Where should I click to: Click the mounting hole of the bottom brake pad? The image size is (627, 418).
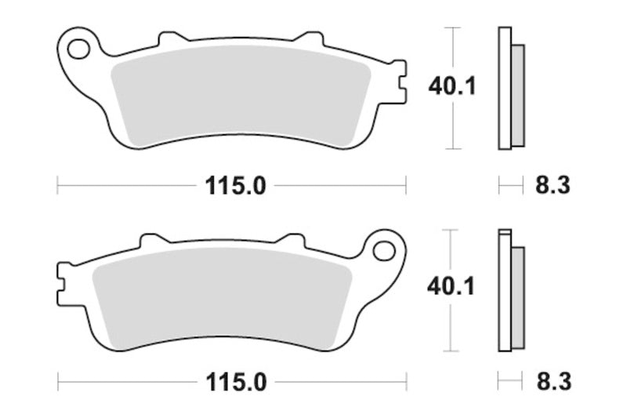(x=384, y=250)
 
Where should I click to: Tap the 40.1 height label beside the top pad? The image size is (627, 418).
(x=452, y=87)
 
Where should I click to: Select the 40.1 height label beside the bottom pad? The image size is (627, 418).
(x=452, y=288)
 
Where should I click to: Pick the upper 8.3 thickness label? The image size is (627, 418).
(x=552, y=186)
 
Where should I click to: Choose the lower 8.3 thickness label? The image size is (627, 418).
(x=552, y=383)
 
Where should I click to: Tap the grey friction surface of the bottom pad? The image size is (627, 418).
(x=223, y=298)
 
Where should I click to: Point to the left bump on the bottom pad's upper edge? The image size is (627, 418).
(x=150, y=238)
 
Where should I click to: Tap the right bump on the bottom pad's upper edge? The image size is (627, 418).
(x=291, y=238)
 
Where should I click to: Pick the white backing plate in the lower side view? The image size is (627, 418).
(x=505, y=290)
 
